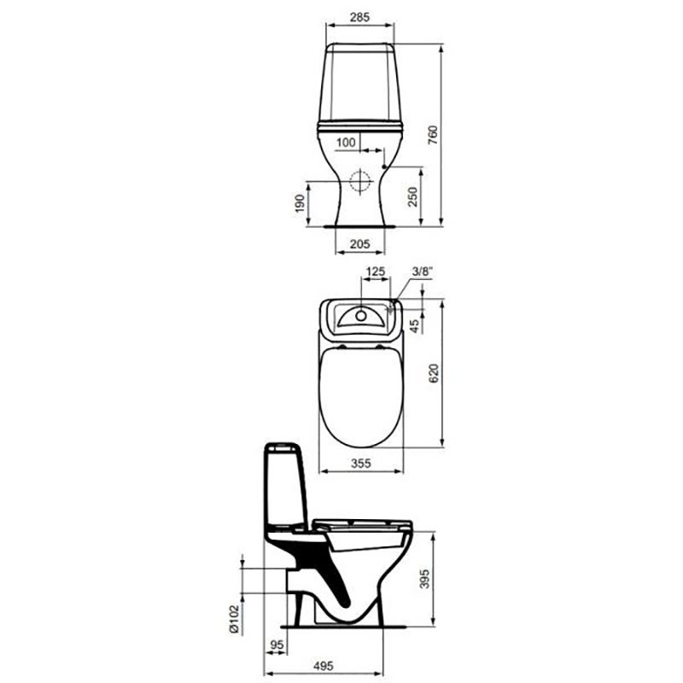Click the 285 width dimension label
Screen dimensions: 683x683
click(x=359, y=17)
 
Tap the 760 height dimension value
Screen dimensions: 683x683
click(x=433, y=136)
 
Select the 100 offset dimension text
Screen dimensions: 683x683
click(x=346, y=142)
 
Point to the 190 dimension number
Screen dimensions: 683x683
click(x=300, y=203)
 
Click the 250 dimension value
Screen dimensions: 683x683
click(x=412, y=197)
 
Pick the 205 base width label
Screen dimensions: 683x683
click(x=359, y=244)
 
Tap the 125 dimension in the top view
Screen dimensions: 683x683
click(x=376, y=271)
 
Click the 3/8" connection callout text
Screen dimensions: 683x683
click(x=422, y=271)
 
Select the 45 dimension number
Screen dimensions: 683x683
click(x=415, y=326)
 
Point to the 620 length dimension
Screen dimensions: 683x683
click(x=434, y=373)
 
